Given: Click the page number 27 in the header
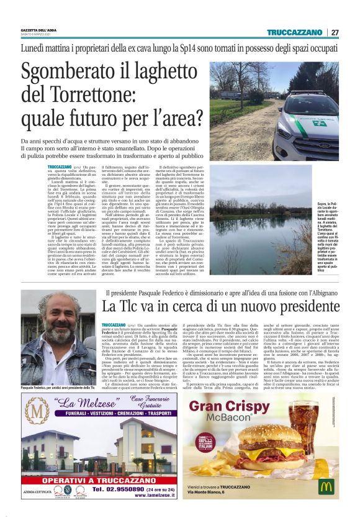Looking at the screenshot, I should pos(335,32).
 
